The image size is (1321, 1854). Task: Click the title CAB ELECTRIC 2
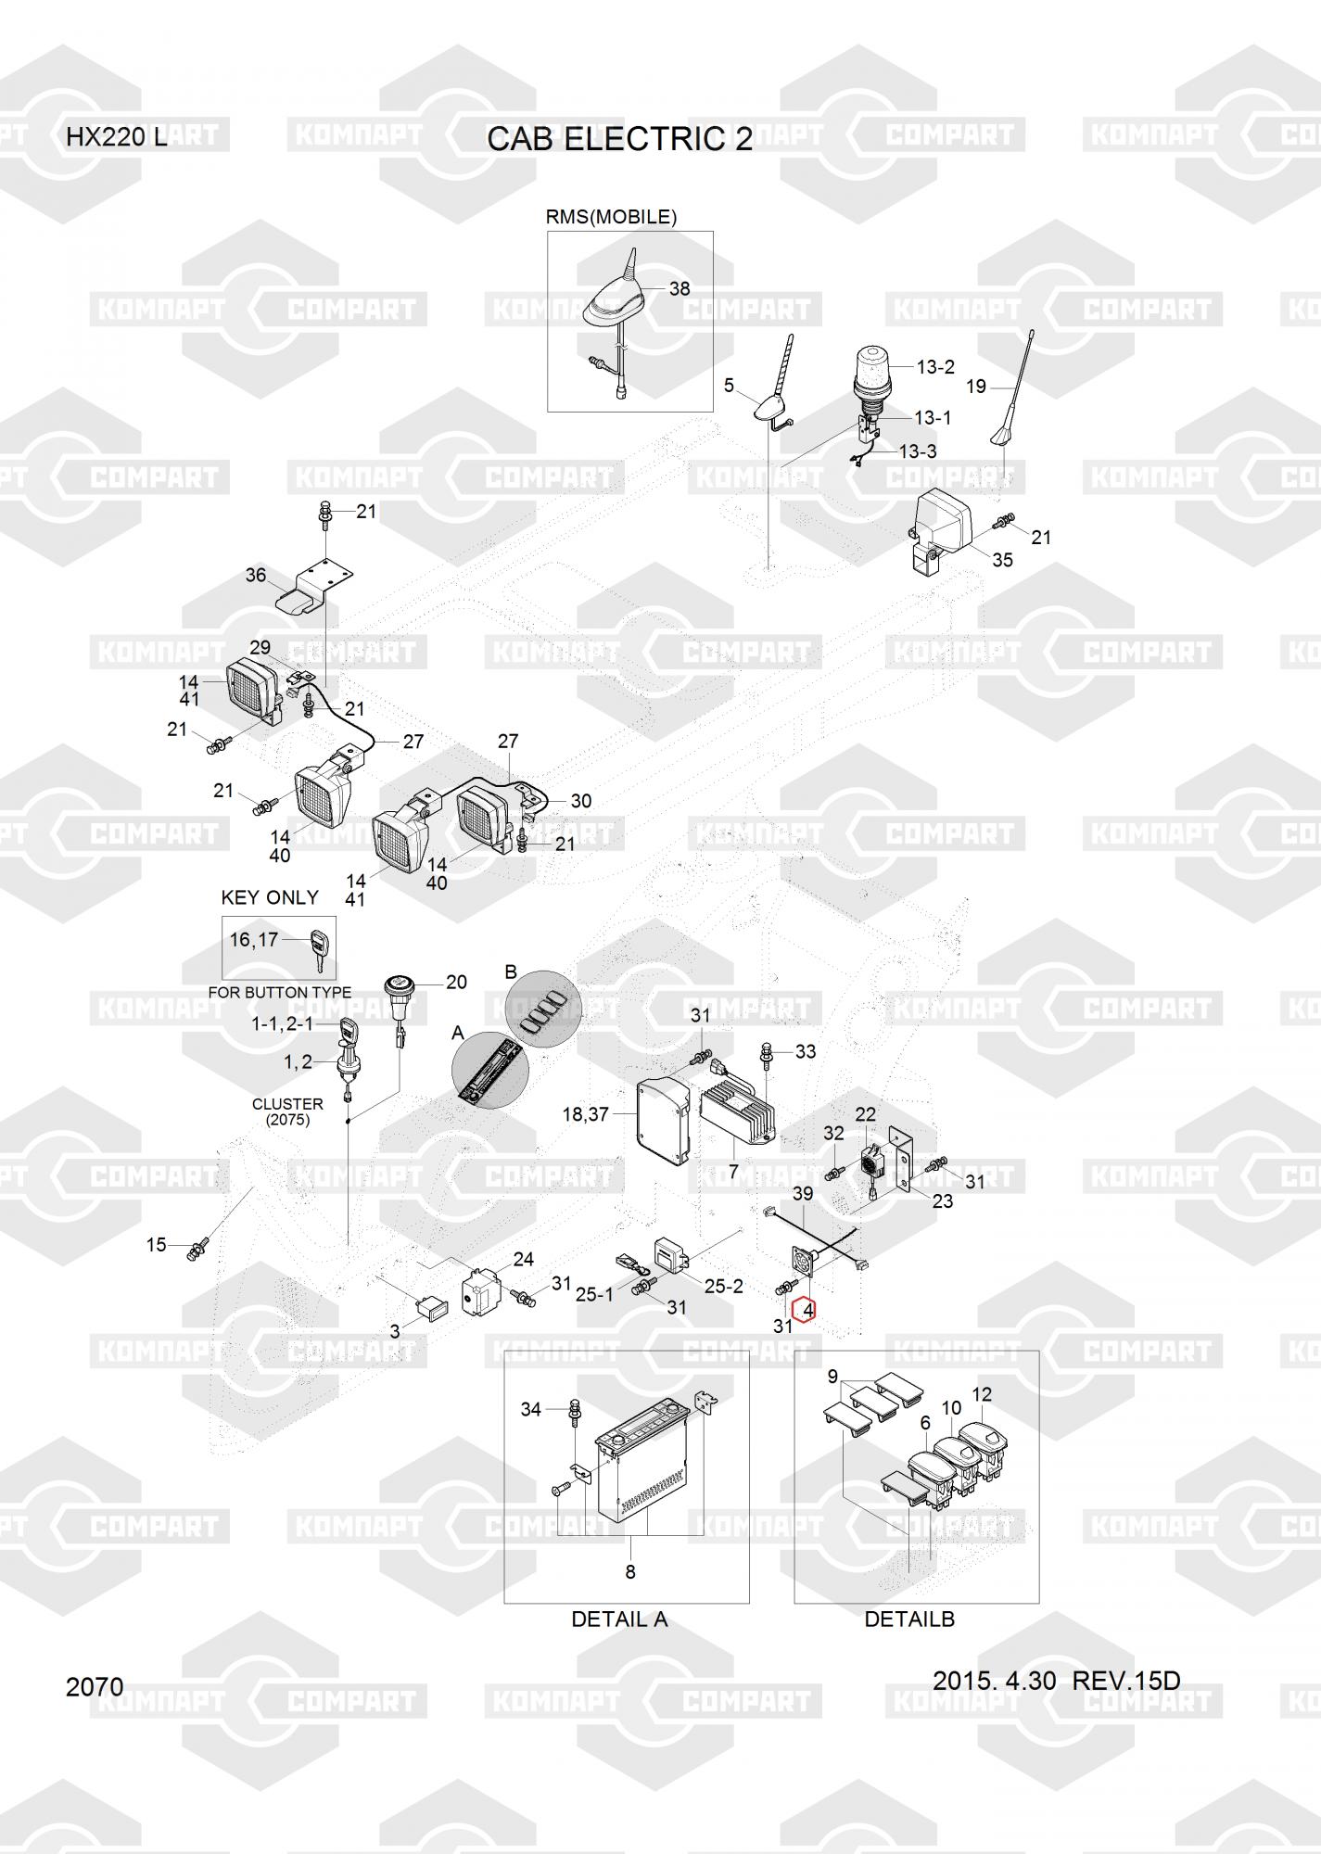click(x=619, y=139)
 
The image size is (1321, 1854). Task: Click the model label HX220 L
click(x=117, y=138)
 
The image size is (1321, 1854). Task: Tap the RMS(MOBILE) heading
click(x=611, y=217)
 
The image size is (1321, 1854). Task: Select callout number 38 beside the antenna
click(x=680, y=288)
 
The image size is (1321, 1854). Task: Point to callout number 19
click(x=976, y=387)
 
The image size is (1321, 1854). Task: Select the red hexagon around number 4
click(x=807, y=1311)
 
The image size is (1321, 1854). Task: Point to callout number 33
click(x=806, y=1051)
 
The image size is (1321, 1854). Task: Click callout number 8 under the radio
click(x=630, y=1571)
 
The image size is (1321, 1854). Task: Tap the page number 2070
click(x=95, y=1686)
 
